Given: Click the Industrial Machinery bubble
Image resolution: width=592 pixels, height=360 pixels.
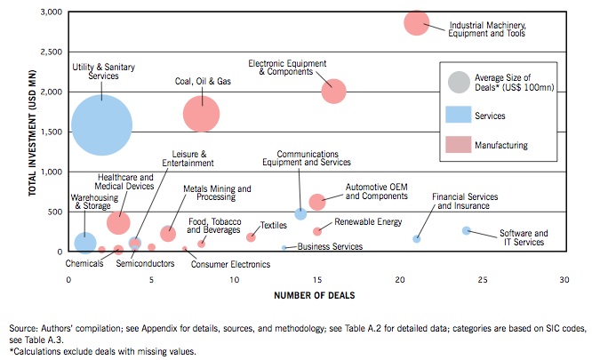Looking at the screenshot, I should click(417, 23).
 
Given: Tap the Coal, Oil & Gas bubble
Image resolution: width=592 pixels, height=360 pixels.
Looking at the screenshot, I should click(202, 113).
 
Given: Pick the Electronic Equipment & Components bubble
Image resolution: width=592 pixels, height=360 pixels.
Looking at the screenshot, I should click(333, 91).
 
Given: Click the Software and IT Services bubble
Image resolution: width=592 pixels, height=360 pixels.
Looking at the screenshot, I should click(466, 231).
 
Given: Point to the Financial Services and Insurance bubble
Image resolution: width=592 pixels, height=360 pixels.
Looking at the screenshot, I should click(416, 238).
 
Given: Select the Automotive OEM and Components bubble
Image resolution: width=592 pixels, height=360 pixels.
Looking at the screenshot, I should click(317, 203).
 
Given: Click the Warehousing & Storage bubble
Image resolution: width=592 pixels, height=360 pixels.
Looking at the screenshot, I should click(85, 242).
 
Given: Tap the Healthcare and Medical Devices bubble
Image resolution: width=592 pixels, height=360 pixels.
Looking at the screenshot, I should click(118, 222).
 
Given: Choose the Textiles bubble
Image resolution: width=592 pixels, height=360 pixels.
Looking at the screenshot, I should click(251, 237).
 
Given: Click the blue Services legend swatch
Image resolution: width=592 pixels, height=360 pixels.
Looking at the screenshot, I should click(459, 116).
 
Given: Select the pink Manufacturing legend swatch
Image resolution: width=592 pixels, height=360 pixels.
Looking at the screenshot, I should click(459, 145).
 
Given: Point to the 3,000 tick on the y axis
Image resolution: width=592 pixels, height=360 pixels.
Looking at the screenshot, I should click(50, 12).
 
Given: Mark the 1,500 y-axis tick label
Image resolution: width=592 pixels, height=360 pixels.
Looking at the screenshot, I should click(50, 132).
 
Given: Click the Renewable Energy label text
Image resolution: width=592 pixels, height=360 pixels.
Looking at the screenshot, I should click(368, 222).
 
